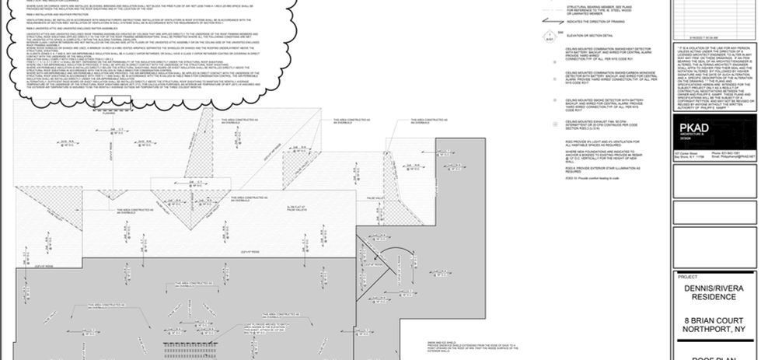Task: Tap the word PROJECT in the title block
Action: click(x=687, y=276)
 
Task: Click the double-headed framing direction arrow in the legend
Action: click(x=547, y=23)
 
